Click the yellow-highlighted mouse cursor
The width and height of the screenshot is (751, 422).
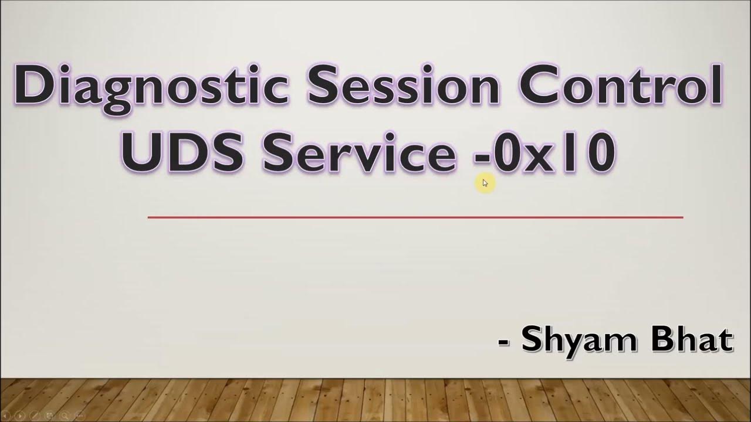click(x=485, y=183)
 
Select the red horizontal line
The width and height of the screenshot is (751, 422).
click(x=415, y=217)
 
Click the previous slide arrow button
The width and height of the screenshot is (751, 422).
click(x=6, y=415)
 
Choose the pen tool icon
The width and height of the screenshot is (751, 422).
click(x=35, y=415)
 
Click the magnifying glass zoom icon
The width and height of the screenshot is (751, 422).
click(x=65, y=415)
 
